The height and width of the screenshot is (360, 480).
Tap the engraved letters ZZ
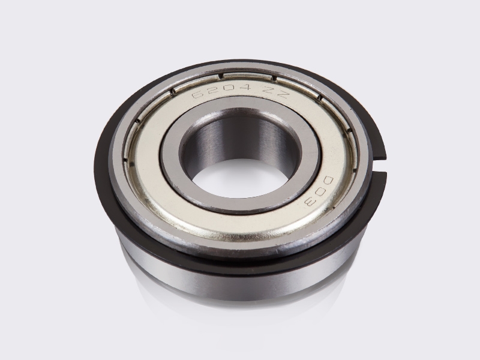277,92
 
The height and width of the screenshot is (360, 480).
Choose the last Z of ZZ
283,94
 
